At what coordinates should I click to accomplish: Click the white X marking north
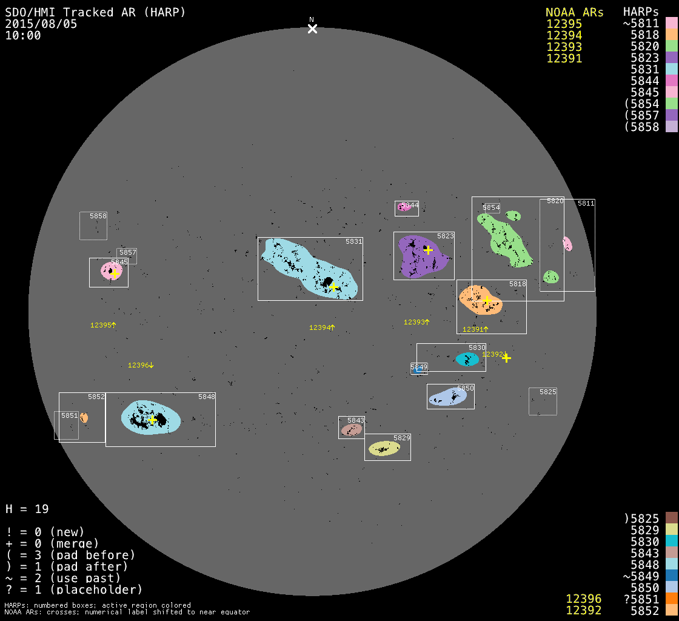tap(312, 29)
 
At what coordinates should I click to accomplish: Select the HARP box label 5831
tap(353, 241)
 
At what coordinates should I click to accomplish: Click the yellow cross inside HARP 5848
tap(152, 419)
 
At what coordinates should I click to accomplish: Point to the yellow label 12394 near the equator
tap(320, 327)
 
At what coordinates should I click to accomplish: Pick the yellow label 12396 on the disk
tap(139, 365)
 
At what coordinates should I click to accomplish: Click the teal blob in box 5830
tap(467, 359)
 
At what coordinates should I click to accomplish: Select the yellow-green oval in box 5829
tap(384, 448)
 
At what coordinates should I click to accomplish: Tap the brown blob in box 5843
tap(351, 430)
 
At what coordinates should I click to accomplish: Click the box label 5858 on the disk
tap(98, 216)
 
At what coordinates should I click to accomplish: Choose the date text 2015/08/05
tap(41, 24)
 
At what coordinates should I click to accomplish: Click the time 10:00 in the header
tap(23, 36)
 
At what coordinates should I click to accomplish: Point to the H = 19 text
tap(27, 509)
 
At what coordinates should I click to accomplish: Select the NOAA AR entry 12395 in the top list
tap(564, 24)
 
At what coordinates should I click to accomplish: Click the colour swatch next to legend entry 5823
tap(671, 58)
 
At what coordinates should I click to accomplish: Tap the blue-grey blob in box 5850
tap(447, 397)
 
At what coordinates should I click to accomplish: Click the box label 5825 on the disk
tap(547, 392)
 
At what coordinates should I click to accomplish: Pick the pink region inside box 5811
tap(567, 244)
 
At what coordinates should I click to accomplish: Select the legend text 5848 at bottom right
tap(644, 564)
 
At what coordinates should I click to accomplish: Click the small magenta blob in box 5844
tap(402, 207)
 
